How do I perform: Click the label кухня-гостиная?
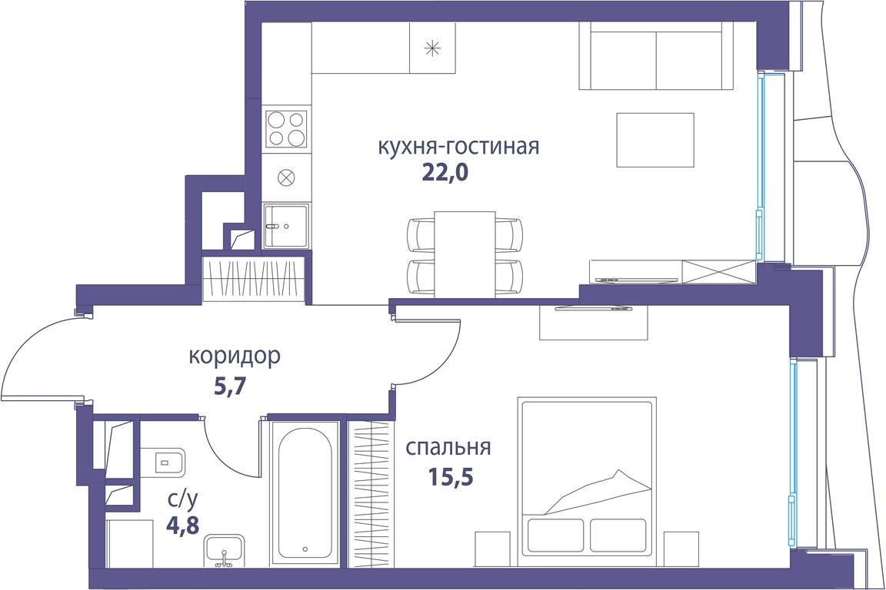[458, 146]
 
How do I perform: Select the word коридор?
[235, 356]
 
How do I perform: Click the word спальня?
[448, 448]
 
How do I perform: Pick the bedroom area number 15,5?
[450, 477]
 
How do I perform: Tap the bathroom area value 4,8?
[182, 524]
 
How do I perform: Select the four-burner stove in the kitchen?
[287, 129]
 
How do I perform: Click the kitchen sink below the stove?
[286, 227]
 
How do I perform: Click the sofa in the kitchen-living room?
[657, 56]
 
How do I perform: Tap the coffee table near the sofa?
[655, 140]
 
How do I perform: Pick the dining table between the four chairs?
[465, 254]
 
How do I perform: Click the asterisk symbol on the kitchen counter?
[432, 48]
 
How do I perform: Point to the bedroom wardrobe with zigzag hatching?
[369, 493]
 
